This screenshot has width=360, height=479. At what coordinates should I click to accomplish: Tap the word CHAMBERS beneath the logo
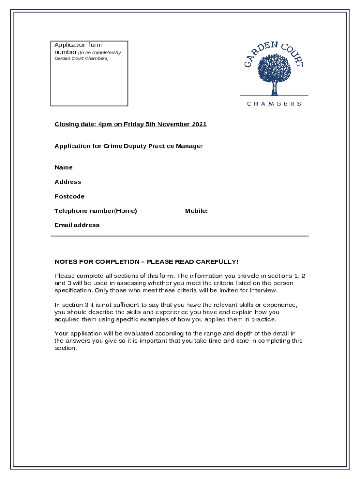tap(274, 104)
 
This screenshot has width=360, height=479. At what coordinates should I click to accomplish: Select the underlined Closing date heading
tap(130, 124)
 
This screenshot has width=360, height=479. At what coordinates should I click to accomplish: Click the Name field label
tap(64, 167)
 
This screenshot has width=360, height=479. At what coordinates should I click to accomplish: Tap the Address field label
tap(68, 182)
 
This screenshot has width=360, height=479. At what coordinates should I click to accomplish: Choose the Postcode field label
tap(69, 196)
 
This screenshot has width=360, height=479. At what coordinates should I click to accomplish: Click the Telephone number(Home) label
tap(95, 211)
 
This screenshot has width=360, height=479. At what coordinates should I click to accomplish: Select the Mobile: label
tap(196, 211)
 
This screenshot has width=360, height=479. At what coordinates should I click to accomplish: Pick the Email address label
tap(77, 225)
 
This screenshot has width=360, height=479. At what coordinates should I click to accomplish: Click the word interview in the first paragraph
tap(263, 290)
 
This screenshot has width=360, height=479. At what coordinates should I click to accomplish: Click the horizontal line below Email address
tap(180, 236)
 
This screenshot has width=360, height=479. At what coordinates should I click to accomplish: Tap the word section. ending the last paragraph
tap(65, 348)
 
